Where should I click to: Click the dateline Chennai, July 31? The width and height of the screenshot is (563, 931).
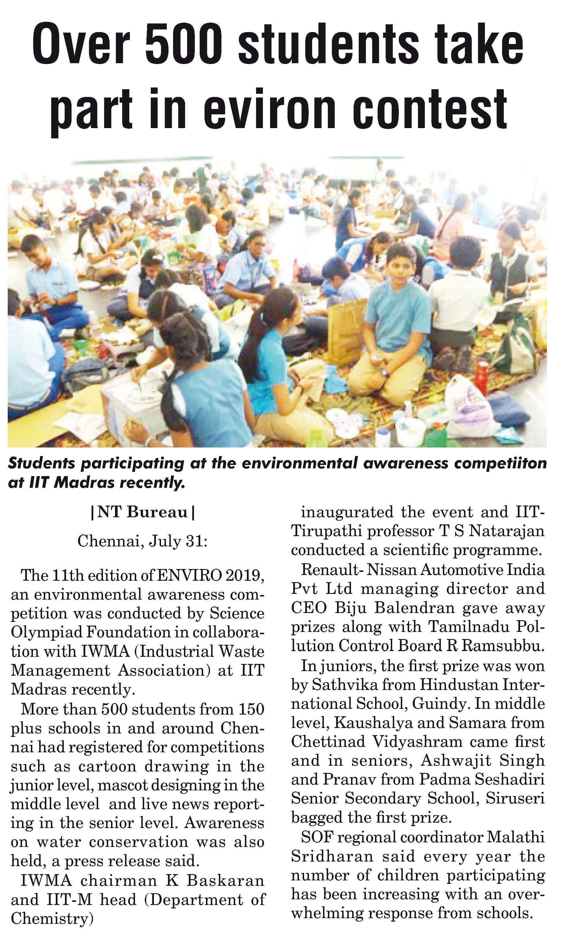pos(142,541)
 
